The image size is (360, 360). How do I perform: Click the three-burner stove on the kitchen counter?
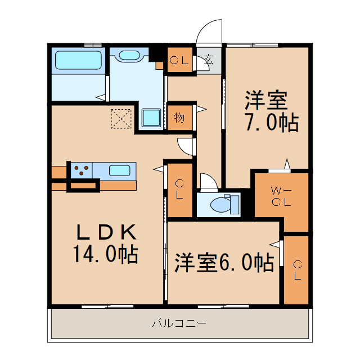point(82,170)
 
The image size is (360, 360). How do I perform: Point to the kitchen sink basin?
point(119,169)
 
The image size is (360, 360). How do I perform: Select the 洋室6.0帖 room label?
point(224,262)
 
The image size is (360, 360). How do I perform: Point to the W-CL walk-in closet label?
point(281,196)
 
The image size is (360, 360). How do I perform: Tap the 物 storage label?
point(179,118)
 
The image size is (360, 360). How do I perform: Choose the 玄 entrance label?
point(209,59)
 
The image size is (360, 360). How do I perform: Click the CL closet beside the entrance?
point(179,60)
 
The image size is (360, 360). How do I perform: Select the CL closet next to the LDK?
point(179,189)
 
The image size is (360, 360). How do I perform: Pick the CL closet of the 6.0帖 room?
point(296,270)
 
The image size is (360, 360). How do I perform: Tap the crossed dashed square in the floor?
point(120,118)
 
